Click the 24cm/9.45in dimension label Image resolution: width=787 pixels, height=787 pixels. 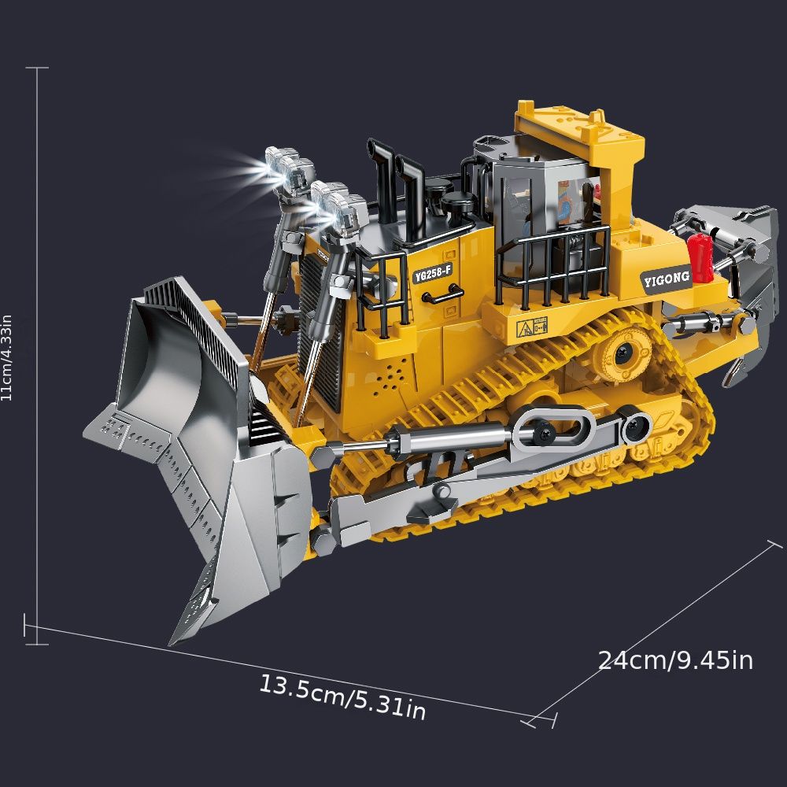pos(675,660)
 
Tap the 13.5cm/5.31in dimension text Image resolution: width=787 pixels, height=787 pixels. pos(342,697)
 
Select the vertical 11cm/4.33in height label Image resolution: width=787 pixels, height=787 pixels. pos(7,357)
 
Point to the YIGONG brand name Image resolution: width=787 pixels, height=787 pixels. pos(666,278)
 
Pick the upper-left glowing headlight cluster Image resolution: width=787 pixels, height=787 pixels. pos(288,169)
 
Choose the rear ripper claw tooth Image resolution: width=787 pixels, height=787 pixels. pos(736,370)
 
